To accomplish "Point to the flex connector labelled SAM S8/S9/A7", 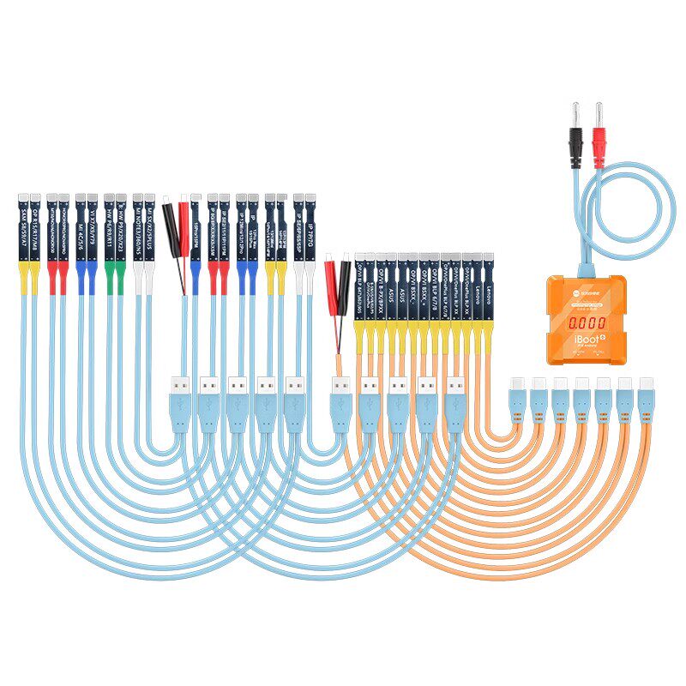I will click(x=35, y=232).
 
